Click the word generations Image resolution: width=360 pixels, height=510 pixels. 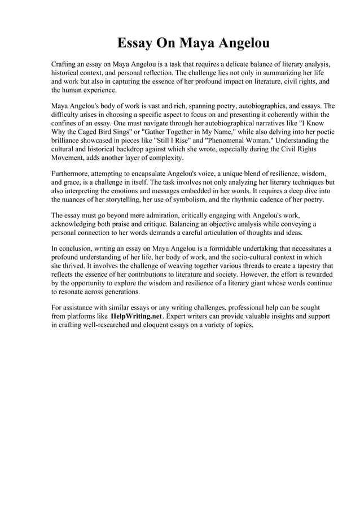click(x=120, y=292)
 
